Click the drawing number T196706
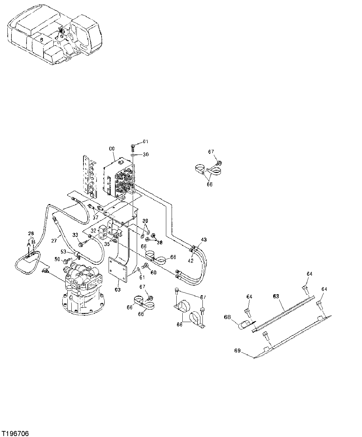(15, 433)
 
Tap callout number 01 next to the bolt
(145, 142)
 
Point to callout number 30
(145, 154)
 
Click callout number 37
(96, 217)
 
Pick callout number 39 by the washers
(145, 221)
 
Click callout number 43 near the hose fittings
(204, 240)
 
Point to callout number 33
(75, 235)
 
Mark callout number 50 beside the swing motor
(57, 259)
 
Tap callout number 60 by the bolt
(154, 272)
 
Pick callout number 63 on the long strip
(276, 296)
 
